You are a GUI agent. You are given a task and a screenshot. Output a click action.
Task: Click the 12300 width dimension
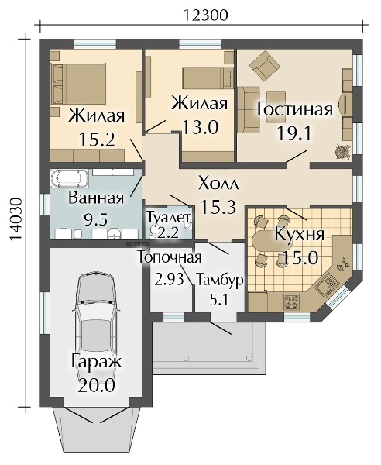206,15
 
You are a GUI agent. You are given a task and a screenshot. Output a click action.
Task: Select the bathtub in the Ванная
70,178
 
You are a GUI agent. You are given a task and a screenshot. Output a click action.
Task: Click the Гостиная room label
294,109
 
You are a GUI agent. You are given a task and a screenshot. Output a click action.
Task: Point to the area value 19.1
294,133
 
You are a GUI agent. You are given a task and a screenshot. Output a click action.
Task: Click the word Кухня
300,234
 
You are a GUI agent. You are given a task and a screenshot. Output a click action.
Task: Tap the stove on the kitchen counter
293,302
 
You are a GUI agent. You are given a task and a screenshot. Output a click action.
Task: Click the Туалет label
168,217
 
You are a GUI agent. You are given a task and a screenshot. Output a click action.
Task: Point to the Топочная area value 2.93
169,279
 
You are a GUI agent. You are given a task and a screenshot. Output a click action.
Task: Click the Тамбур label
219,280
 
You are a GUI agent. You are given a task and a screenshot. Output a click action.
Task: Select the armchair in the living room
265,64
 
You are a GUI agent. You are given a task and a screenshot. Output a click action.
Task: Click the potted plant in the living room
343,152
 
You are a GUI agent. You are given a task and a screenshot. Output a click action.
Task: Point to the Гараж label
97,362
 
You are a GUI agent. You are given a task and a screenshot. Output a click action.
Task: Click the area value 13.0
201,128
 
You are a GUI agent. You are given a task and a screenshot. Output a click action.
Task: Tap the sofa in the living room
249,109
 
